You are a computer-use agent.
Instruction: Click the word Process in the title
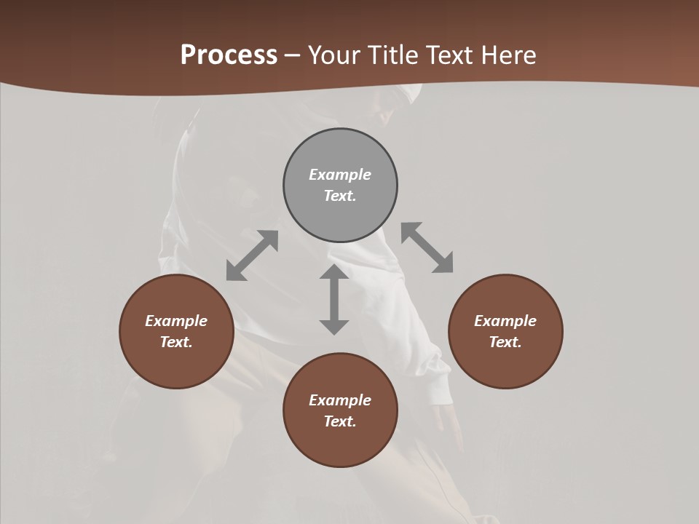(229, 55)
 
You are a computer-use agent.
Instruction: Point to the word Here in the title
(509, 55)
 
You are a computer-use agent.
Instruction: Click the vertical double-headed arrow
(334, 299)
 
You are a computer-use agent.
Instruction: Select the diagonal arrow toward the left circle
(252, 255)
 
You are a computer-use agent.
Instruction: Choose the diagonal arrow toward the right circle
(427, 247)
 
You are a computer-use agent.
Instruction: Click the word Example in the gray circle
(340, 175)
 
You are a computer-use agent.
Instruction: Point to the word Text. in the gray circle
(340, 196)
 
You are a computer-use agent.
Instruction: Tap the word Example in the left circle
(176, 321)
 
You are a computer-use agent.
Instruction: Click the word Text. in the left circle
(176, 342)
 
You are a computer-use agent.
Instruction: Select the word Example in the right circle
(505, 321)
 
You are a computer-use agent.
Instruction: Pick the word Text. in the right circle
(505, 342)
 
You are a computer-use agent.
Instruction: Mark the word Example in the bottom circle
(340, 400)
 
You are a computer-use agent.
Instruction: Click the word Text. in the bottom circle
(340, 421)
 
